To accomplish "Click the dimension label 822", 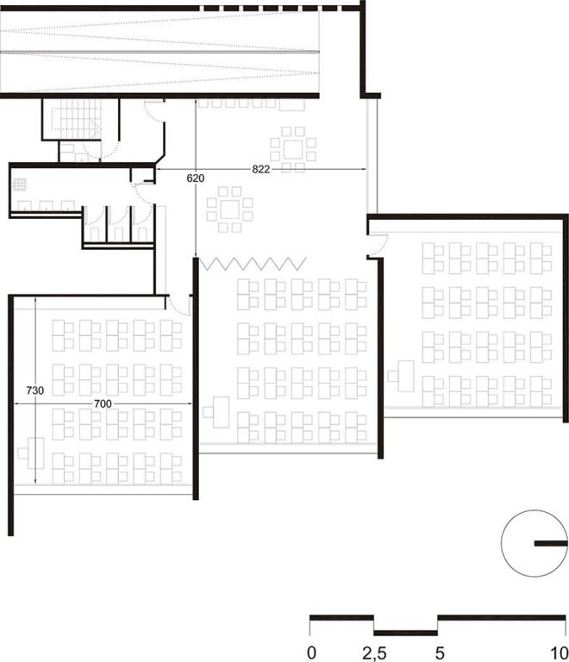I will coord(262,170).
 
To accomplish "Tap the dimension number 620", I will coord(195,178).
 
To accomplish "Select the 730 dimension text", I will coord(34,390).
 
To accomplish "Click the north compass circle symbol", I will coord(534,545).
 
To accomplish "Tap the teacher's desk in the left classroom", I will coord(36,453).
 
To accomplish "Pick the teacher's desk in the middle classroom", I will coord(221,409).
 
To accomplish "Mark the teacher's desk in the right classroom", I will coord(403,376).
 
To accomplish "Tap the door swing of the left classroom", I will coord(178,304).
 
